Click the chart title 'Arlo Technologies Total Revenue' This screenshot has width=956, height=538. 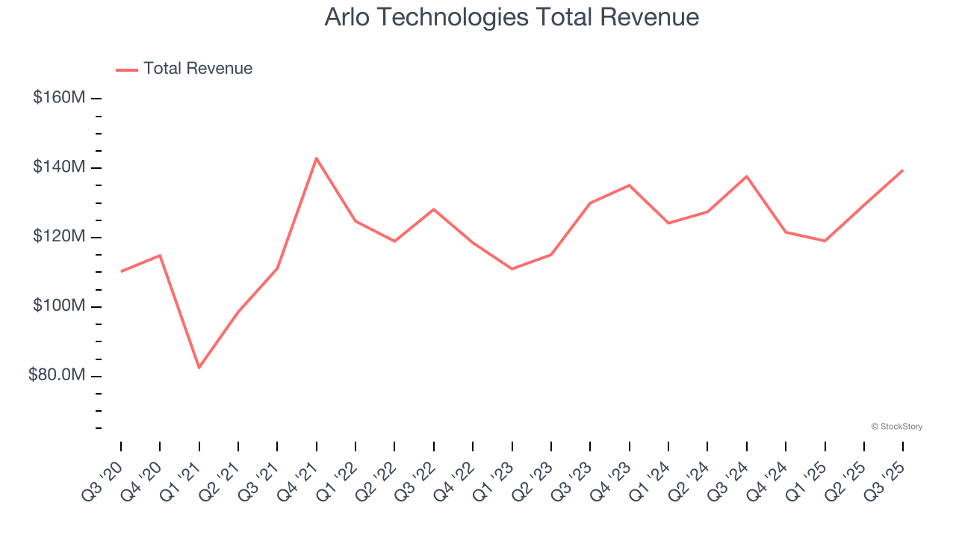[512, 17]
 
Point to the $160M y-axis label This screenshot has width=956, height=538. [59, 98]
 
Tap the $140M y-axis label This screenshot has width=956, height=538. [59, 167]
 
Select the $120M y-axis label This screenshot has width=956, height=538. [59, 237]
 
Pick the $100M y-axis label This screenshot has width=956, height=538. [59, 306]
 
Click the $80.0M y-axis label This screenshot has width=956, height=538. [57, 375]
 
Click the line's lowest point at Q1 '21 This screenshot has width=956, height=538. [199, 368]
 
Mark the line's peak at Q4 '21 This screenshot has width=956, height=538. [317, 158]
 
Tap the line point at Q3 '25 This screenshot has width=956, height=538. [902, 170]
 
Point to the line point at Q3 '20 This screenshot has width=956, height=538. [121, 271]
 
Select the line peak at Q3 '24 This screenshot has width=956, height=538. [746, 176]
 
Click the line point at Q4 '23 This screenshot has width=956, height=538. [629, 185]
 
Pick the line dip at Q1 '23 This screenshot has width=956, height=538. [512, 268]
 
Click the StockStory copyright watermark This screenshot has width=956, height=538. [896, 427]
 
